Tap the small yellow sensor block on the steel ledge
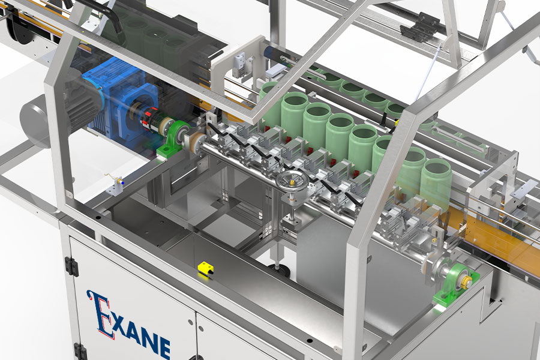coord(206,268)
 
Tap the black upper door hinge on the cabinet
coord(71,266)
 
